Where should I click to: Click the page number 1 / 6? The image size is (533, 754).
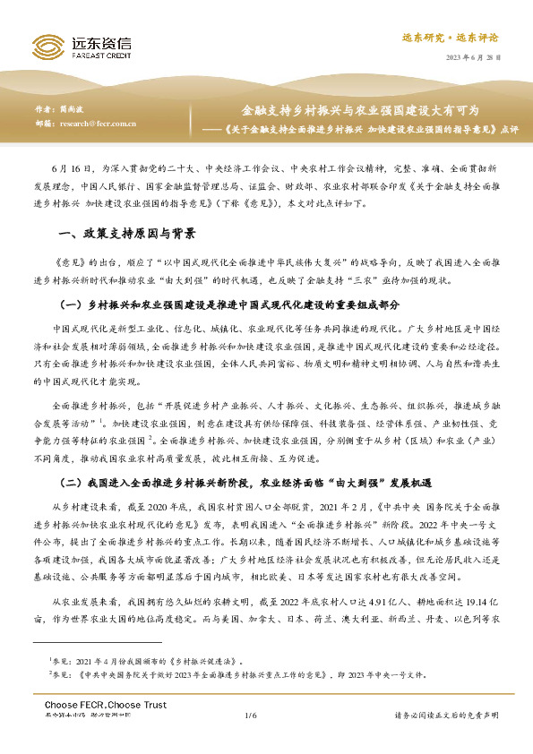[x=250, y=740]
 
